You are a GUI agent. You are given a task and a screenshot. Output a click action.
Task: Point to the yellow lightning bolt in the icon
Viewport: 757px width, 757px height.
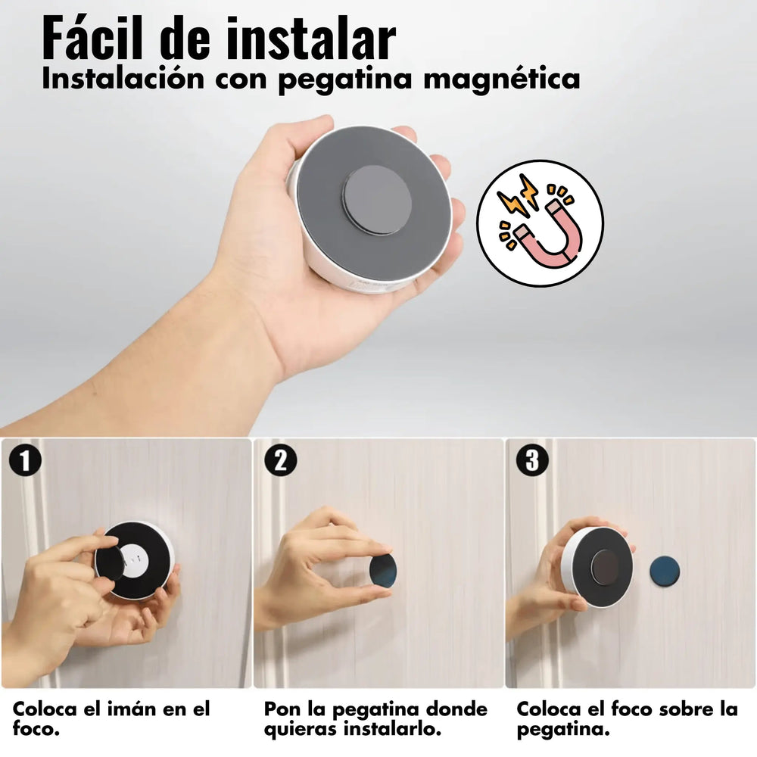pos(517,199)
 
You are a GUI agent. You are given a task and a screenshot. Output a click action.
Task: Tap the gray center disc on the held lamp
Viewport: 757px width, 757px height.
pos(377,200)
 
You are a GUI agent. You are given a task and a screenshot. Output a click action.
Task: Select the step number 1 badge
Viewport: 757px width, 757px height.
pos(25,460)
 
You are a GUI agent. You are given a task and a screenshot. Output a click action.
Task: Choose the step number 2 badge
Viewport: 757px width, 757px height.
pos(279,460)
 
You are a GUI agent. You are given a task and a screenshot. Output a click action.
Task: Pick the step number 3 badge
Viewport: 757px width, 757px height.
pos(531,460)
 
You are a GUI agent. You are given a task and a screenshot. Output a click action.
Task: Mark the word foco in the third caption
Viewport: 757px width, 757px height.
pos(626,710)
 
